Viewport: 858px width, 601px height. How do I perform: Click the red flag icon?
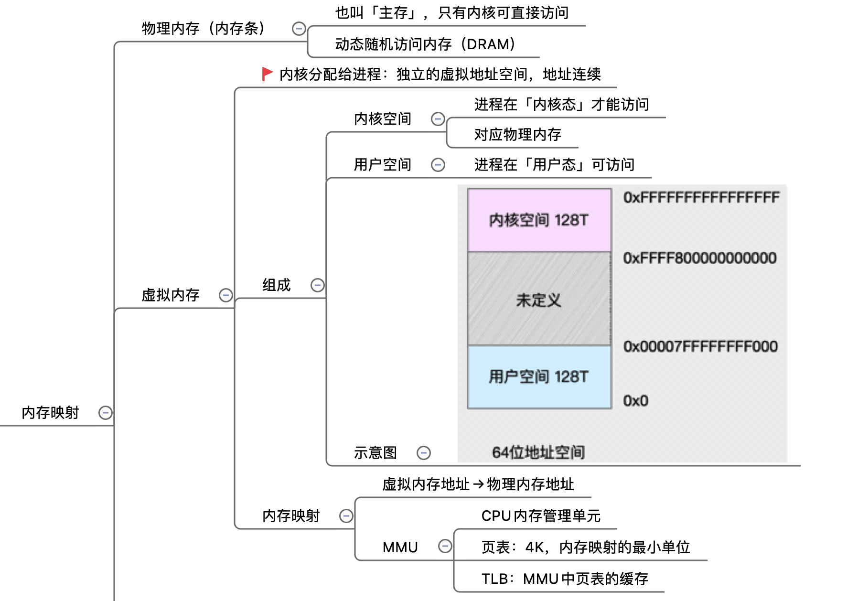point(267,74)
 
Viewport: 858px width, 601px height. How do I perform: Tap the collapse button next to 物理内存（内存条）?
point(299,29)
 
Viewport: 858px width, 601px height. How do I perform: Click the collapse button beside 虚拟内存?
point(226,295)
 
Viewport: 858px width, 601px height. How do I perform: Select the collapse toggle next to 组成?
point(318,285)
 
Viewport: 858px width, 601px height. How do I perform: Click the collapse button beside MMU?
point(445,546)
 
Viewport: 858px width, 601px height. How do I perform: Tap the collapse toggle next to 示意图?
point(424,452)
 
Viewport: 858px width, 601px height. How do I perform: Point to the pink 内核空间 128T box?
point(539,220)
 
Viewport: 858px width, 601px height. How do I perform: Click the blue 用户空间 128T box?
point(539,377)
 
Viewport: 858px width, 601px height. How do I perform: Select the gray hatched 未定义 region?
point(539,300)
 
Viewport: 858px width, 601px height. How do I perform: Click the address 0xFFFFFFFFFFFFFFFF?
point(701,198)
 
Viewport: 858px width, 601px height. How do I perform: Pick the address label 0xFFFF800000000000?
point(700,258)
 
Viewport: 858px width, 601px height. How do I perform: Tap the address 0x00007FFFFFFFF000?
point(700,346)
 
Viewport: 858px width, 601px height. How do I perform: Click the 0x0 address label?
point(636,401)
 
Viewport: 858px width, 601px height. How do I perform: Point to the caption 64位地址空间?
point(538,452)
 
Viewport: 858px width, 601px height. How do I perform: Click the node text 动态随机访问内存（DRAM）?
point(425,44)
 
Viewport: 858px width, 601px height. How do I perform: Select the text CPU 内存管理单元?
point(541,516)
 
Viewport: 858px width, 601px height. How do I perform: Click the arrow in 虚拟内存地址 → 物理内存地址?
point(478,484)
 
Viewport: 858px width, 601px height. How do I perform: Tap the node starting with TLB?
point(565,579)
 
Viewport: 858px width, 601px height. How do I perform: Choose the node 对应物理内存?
point(517,135)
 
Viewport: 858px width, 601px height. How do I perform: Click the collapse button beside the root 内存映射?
point(106,413)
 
